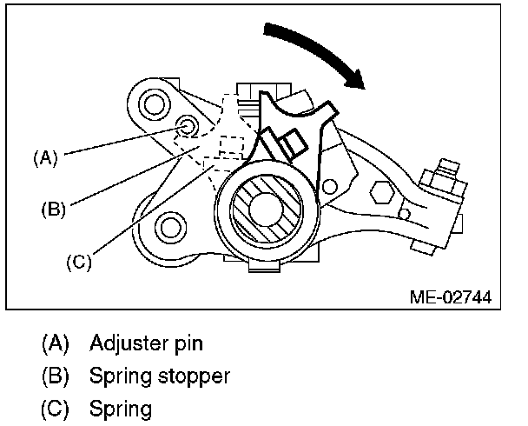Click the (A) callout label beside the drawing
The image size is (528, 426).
(x=44, y=158)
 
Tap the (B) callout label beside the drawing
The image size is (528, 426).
(x=53, y=209)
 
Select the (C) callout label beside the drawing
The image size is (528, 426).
(x=79, y=259)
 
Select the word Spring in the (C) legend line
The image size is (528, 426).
(x=120, y=408)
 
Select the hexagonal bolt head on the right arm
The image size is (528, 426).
(x=379, y=196)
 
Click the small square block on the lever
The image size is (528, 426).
(x=287, y=139)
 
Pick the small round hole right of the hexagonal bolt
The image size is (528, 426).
(x=405, y=211)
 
